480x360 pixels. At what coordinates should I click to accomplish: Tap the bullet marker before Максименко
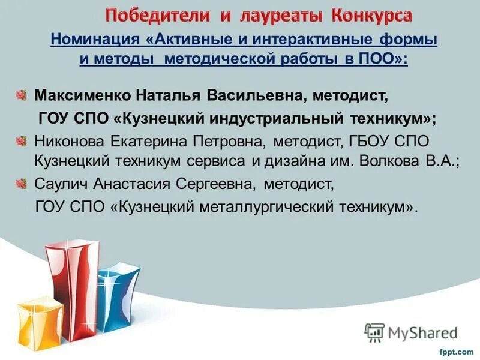point(22,95)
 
